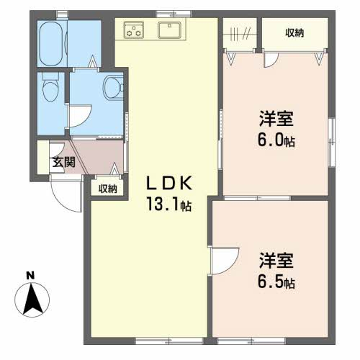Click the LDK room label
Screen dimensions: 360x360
coord(169,183)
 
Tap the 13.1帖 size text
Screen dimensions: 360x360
coord(168,204)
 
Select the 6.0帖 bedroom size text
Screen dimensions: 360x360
coord(276,140)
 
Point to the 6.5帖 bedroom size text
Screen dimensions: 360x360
coord(276,282)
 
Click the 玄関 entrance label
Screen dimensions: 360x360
coord(64,162)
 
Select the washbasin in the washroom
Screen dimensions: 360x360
coord(113,87)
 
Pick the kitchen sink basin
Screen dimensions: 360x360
coord(169,30)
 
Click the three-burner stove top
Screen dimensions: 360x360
coord(134,30)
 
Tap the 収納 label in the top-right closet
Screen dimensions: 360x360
coord(294,33)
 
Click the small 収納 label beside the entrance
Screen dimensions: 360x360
coord(108,189)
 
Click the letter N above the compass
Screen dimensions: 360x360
coord(30,276)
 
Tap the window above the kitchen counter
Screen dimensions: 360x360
coord(174,14)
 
